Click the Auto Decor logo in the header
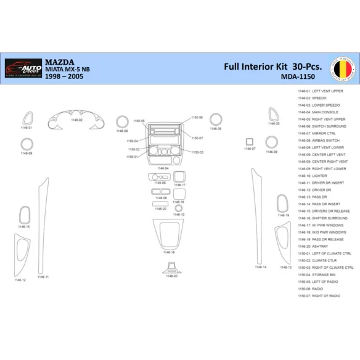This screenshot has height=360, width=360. (23, 67)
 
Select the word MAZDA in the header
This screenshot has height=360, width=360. (59, 62)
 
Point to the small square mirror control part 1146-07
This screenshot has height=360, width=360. (250, 142)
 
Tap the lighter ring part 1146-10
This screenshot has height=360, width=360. (179, 208)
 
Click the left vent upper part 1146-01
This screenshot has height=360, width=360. (27, 118)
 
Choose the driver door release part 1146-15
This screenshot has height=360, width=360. (24, 215)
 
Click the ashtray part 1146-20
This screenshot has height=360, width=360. (160, 203)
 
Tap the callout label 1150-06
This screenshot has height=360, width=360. (196, 117)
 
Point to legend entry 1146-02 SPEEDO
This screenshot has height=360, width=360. (313, 98)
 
